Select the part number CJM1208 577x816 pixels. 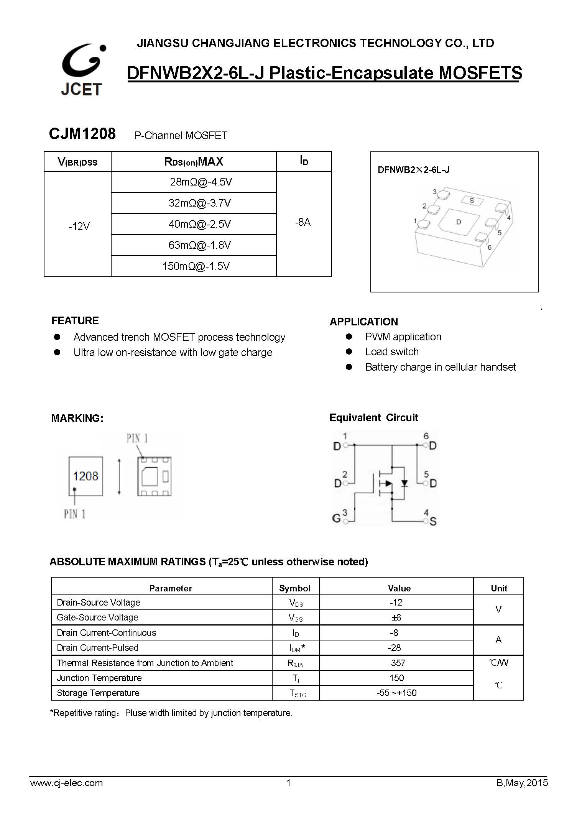click(x=82, y=134)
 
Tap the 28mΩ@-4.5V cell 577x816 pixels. click(x=201, y=182)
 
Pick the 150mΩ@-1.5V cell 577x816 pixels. click(x=196, y=266)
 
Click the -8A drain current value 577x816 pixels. click(x=303, y=222)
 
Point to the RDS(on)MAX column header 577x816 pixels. click(x=194, y=162)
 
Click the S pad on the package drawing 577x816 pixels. click(x=472, y=200)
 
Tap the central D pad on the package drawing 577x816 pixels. click(x=459, y=222)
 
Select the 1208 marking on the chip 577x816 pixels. click(x=85, y=476)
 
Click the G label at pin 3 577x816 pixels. click(x=336, y=519)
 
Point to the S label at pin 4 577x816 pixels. click(x=433, y=522)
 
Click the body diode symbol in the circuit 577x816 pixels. click(x=404, y=483)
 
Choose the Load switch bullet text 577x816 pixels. click(x=392, y=352)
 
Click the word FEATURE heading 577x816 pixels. click(x=75, y=320)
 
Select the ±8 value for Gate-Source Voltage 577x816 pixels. click(x=396, y=617)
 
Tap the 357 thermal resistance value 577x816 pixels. click(x=398, y=663)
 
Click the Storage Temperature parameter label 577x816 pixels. click(x=98, y=693)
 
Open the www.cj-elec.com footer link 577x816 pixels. click(x=66, y=783)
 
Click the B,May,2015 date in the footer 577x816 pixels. click(x=522, y=783)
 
